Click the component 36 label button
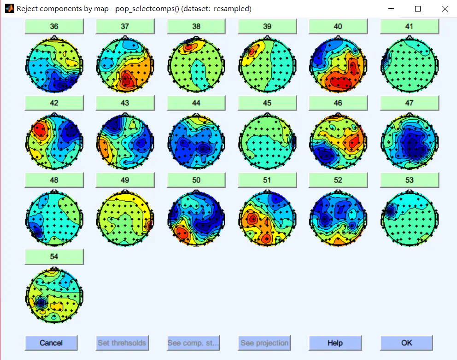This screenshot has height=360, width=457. [x=54, y=26]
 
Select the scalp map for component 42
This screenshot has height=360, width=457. [x=54, y=140]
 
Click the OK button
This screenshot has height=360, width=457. [x=406, y=343]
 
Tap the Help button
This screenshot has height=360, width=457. [x=335, y=343]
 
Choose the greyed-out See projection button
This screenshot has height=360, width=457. [x=264, y=343]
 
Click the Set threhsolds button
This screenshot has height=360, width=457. [x=122, y=343]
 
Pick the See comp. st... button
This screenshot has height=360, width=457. [x=193, y=343]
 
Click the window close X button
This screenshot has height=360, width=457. [x=445, y=9]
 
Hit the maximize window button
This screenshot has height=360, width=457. [x=418, y=9]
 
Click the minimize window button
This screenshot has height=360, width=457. [x=391, y=9]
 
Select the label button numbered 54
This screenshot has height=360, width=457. [x=54, y=256]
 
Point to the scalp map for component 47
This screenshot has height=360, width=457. [x=410, y=140]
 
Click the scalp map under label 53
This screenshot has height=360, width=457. [x=410, y=217]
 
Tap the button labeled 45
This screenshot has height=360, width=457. [x=267, y=103]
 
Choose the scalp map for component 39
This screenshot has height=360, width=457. [x=267, y=63]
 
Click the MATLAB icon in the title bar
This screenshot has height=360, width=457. [x=9, y=9]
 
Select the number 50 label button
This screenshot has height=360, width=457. [x=196, y=180]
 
